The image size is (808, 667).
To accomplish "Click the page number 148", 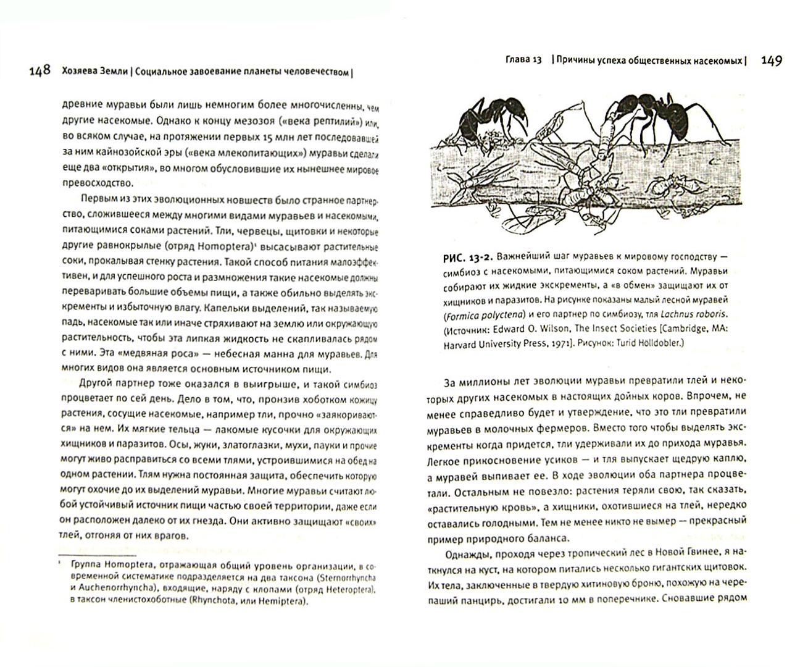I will [40, 70].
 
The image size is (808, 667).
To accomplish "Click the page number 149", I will [771, 61].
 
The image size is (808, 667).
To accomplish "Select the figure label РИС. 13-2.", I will [467, 256].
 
